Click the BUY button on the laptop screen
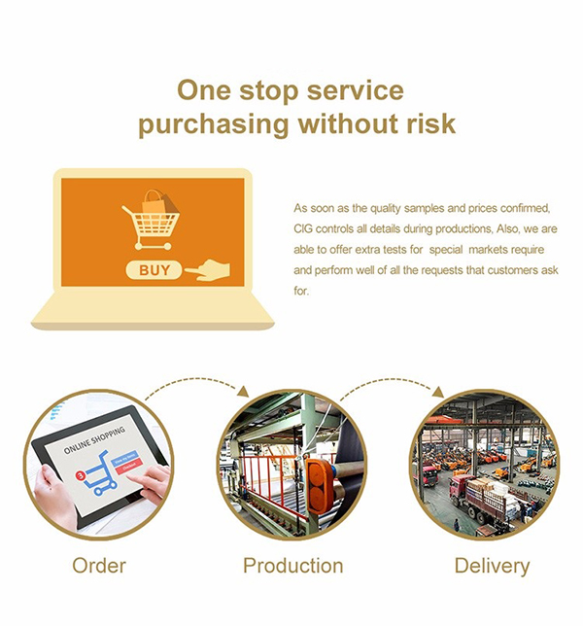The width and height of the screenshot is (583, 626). (154, 270)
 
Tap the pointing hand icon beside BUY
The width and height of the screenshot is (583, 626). (208, 270)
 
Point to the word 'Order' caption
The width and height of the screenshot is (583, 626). (99, 566)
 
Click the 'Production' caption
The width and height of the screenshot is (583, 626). (292, 566)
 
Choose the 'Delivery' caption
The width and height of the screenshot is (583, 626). (492, 566)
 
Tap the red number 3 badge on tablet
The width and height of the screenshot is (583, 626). (81, 475)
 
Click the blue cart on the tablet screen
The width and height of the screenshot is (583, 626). (98, 473)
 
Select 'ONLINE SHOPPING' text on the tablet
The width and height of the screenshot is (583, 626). (94, 440)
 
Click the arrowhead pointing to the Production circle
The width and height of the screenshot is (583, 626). (243, 391)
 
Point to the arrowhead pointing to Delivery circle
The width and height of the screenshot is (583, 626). (438, 392)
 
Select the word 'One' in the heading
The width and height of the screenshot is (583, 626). (204, 89)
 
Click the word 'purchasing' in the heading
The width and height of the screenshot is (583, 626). (214, 123)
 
